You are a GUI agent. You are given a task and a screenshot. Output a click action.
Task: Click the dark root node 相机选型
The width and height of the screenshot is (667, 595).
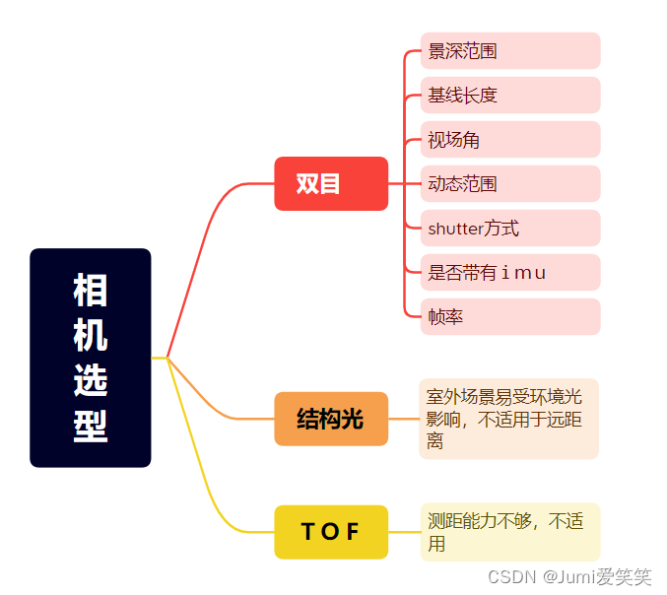[x=91, y=357]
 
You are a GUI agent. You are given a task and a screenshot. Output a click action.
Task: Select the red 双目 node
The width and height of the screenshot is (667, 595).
[x=331, y=183]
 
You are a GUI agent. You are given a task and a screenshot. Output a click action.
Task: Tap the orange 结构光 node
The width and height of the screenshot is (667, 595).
[x=331, y=419]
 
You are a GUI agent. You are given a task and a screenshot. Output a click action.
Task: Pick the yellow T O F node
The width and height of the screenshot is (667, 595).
[x=331, y=532]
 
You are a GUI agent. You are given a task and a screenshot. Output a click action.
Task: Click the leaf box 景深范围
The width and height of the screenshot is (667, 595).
[x=509, y=51]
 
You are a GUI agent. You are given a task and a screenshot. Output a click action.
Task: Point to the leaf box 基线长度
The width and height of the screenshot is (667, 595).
[x=509, y=96]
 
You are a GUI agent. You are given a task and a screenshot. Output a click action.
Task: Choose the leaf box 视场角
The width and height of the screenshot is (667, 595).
[x=509, y=140]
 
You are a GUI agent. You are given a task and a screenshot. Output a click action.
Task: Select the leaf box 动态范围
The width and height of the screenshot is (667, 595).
[x=509, y=184]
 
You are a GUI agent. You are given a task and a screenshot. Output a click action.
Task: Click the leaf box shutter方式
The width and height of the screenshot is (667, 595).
[x=509, y=229]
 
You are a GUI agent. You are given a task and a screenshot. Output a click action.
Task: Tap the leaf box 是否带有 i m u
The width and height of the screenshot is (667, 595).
[x=509, y=273]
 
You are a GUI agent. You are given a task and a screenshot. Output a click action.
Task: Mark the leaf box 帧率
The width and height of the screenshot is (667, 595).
[x=509, y=317]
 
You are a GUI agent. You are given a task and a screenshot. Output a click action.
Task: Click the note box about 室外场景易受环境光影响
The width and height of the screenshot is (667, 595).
[x=508, y=419]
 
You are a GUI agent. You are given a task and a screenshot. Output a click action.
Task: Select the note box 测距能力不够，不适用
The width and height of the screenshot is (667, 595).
[x=509, y=532]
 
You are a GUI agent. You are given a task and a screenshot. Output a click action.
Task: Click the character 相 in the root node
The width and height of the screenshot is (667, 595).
[x=91, y=291]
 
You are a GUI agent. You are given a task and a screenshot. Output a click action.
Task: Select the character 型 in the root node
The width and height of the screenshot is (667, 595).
[x=91, y=426]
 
